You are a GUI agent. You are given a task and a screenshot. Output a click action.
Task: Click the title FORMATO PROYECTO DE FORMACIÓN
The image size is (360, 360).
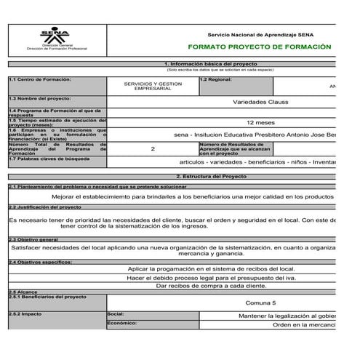[x=259, y=47]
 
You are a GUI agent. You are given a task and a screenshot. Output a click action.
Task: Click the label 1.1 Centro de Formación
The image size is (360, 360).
[x=40, y=79]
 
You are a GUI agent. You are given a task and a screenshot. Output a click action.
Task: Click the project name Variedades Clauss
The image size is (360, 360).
[x=265, y=102]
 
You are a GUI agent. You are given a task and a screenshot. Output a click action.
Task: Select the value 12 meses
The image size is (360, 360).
[x=260, y=123]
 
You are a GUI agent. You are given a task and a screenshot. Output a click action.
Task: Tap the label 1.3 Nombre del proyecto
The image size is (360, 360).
[x=36, y=97]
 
